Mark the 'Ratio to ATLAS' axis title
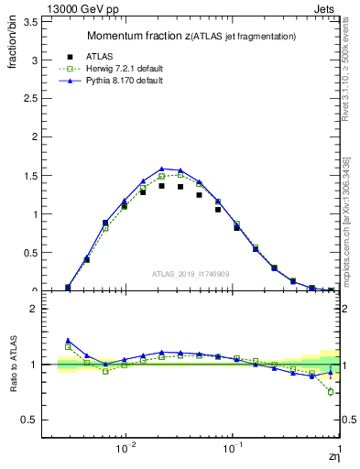[15, 365]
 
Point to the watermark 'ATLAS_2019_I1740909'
[191, 274]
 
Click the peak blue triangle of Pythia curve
[161, 169]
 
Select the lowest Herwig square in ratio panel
[331, 392]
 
